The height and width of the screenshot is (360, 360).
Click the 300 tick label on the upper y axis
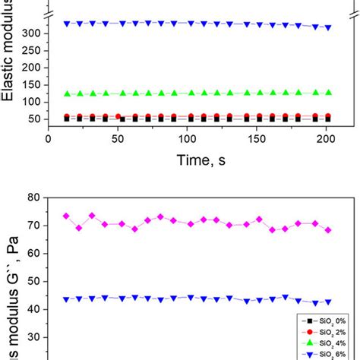[x=33, y=33]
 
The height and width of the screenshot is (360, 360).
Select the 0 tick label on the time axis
[x=49, y=140]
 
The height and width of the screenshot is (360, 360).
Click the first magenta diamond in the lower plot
[x=66, y=216]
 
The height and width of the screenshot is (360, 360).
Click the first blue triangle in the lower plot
[x=66, y=299]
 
